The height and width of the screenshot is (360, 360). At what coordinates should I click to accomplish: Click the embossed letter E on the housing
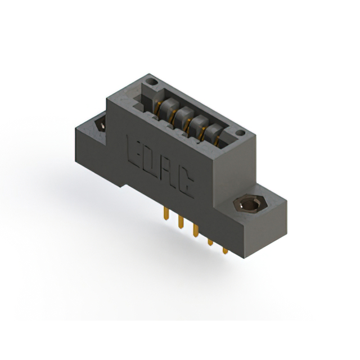(x=134, y=151)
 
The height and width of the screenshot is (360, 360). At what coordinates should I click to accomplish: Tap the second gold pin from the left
(x=181, y=222)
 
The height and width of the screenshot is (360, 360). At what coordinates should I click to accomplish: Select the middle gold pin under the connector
(x=196, y=230)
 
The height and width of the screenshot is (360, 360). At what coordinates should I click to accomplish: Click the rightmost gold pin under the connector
(x=225, y=250)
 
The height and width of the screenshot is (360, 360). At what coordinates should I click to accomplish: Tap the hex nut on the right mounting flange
(x=250, y=204)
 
